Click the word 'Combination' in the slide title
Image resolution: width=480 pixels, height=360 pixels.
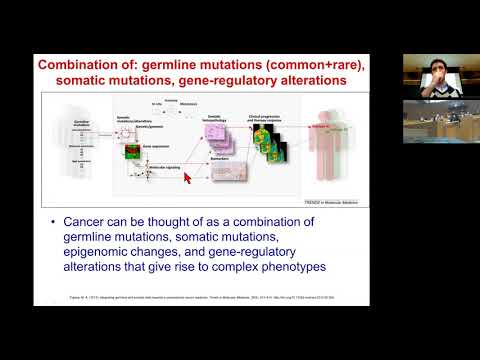tap(81, 65)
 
